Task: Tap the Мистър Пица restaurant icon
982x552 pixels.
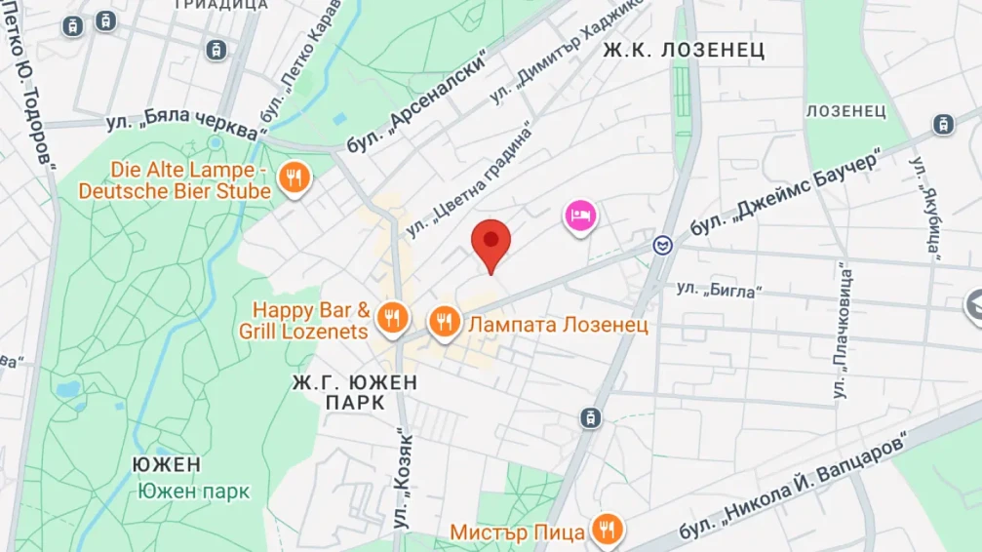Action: pyautogui.click(x=608, y=530)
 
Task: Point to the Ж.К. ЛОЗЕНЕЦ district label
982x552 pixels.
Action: pyautogui.click(x=683, y=50)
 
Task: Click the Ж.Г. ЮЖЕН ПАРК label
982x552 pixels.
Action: pyautogui.click(x=354, y=392)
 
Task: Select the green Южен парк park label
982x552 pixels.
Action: pyautogui.click(x=193, y=491)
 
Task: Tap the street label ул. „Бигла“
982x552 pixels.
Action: pyautogui.click(x=719, y=289)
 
